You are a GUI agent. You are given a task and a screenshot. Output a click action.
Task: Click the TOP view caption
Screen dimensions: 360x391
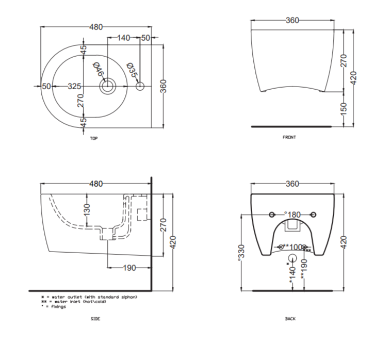(x=93, y=138)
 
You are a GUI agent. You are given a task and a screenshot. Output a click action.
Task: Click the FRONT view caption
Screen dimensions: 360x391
(x=289, y=137)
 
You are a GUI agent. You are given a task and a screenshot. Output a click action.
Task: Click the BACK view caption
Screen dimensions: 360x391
(x=290, y=319)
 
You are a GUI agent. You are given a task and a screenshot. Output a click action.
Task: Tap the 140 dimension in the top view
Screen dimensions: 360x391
(x=123, y=38)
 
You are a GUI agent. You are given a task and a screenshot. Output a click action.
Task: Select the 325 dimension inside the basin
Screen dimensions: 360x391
(x=74, y=86)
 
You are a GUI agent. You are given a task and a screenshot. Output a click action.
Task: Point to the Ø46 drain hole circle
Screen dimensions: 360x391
(x=107, y=86)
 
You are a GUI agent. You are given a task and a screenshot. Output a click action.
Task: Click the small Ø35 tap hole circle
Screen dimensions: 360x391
(x=140, y=87)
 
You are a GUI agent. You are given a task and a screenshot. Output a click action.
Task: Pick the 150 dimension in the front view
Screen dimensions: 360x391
(x=344, y=108)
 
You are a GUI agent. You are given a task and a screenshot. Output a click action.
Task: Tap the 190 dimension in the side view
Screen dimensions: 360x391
(x=129, y=268)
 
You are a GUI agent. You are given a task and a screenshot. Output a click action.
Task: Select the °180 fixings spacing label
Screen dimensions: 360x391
(x=292, y=214)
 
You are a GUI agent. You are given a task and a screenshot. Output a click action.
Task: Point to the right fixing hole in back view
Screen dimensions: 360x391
(x=314, y=214)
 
